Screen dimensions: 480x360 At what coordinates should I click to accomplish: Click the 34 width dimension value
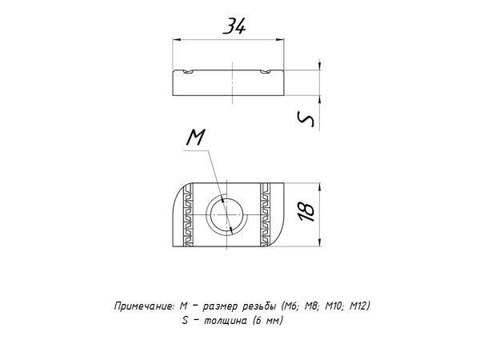click(234, 26)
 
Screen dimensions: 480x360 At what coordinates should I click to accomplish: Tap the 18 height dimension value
click(306, 212)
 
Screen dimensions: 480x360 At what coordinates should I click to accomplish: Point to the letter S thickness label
click(306, 118)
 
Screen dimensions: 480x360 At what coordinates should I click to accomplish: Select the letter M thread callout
click(196, 137)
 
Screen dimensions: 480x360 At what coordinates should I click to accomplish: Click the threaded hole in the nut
click(227, 215)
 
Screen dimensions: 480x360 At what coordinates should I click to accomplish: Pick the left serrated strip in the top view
click(189, 214)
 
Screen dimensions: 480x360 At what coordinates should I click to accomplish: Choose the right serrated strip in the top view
click(265, 214)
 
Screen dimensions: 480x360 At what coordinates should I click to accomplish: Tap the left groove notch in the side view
click(189, 72)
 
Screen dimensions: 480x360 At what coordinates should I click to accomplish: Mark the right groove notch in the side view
click(266, 72)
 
